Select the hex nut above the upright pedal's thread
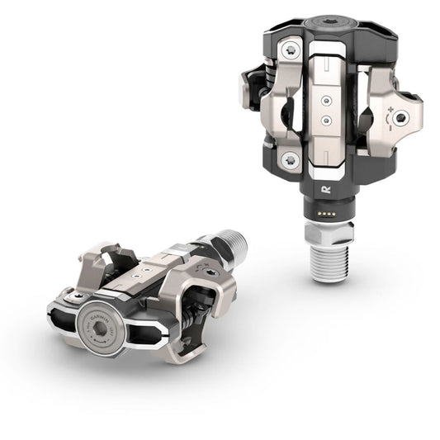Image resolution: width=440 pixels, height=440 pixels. (x=330, y=230)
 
